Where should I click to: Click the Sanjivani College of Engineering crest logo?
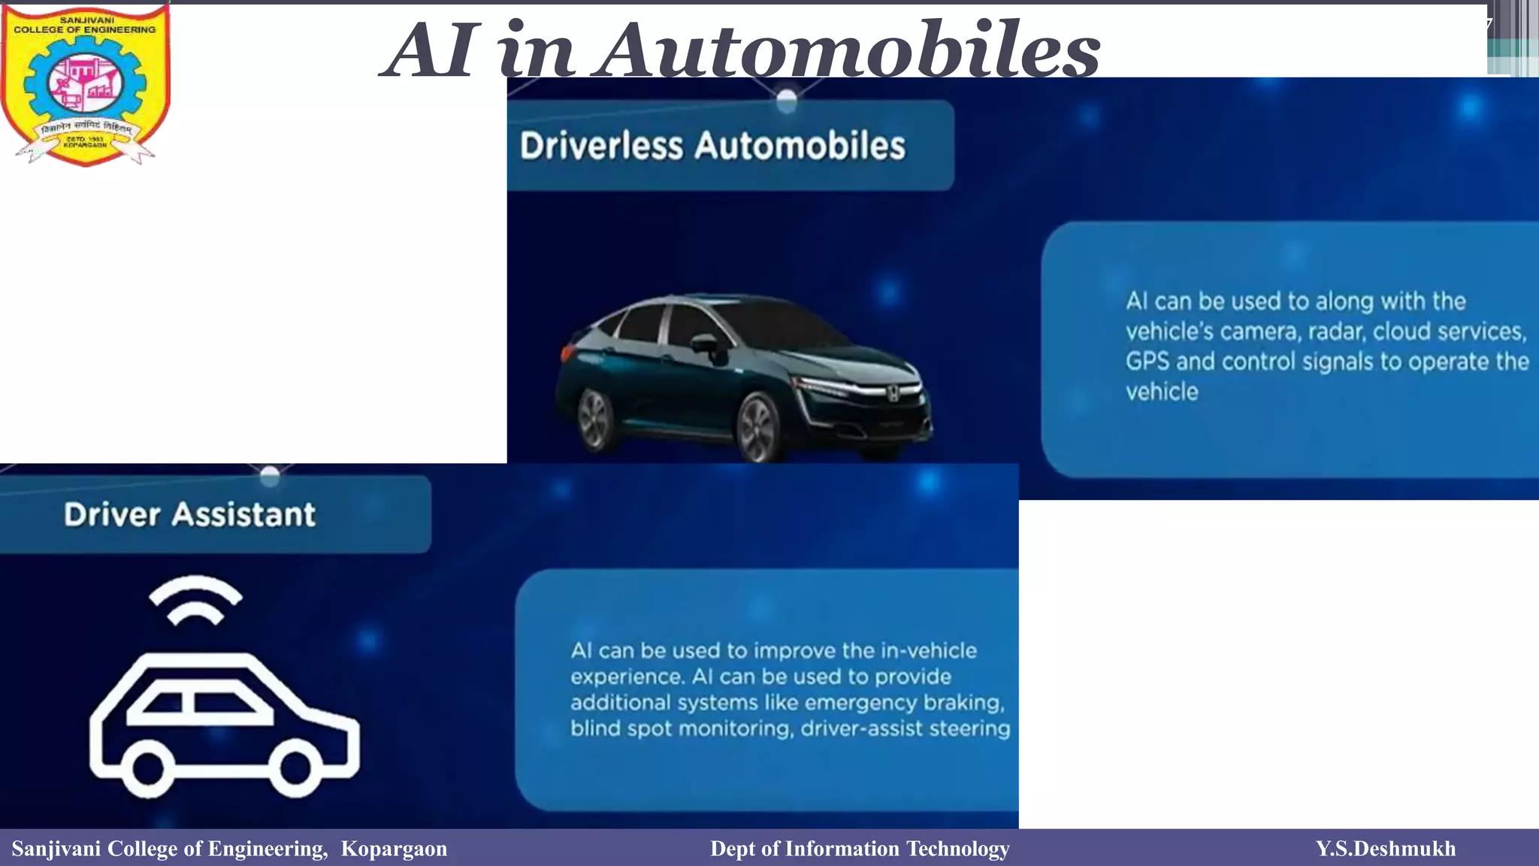point(85,84)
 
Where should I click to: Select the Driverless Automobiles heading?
point(712,146)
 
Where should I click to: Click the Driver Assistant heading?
point(189,515)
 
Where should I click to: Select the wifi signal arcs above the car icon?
point(195,600)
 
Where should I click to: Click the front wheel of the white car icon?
point(295,768)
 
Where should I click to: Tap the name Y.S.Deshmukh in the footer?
point(1385,849)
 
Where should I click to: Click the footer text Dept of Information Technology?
point(860,849)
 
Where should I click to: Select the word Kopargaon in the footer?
point(394,849)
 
